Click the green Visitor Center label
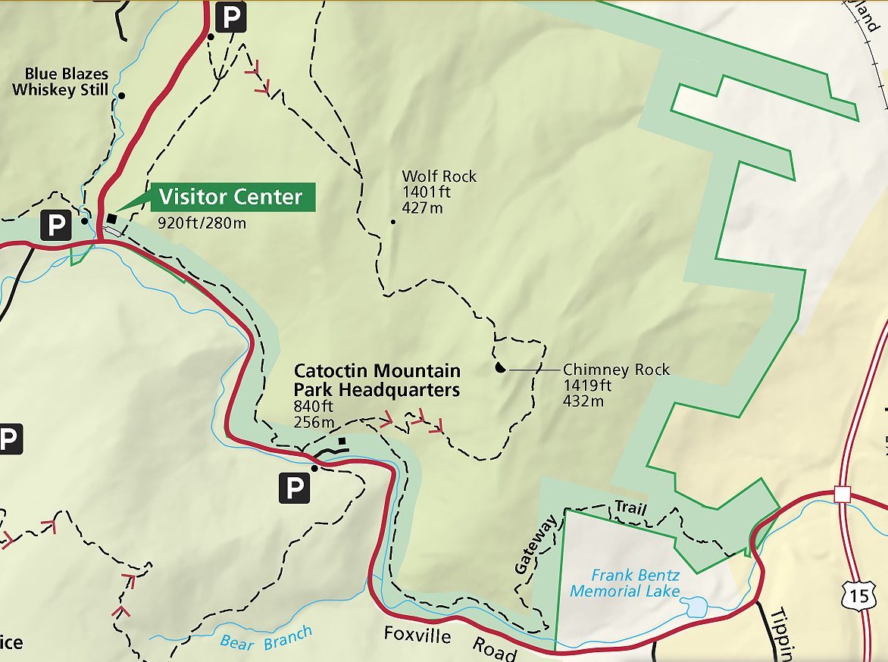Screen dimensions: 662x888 (230, 197)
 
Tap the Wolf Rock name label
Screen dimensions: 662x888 (439, 176)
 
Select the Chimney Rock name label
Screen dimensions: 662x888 (616, 370)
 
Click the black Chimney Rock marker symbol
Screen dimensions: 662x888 (499, 368)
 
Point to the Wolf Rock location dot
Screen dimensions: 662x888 (392, 222)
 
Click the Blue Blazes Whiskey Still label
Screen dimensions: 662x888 (61, 82)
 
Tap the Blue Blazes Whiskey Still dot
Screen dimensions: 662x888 (121, 95)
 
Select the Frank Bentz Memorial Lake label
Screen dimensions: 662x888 (625, 582)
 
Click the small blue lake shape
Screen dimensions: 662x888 (696, 606)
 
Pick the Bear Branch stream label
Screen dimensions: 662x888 (265, 639)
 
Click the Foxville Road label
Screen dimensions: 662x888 (447, 642)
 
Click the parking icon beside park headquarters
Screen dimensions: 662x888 (294, 489)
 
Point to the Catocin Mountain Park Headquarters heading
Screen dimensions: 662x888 (377, 380)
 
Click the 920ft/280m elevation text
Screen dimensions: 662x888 (202, 223)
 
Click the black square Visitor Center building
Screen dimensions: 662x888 (112, 219)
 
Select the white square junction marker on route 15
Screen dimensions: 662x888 (842, 493)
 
